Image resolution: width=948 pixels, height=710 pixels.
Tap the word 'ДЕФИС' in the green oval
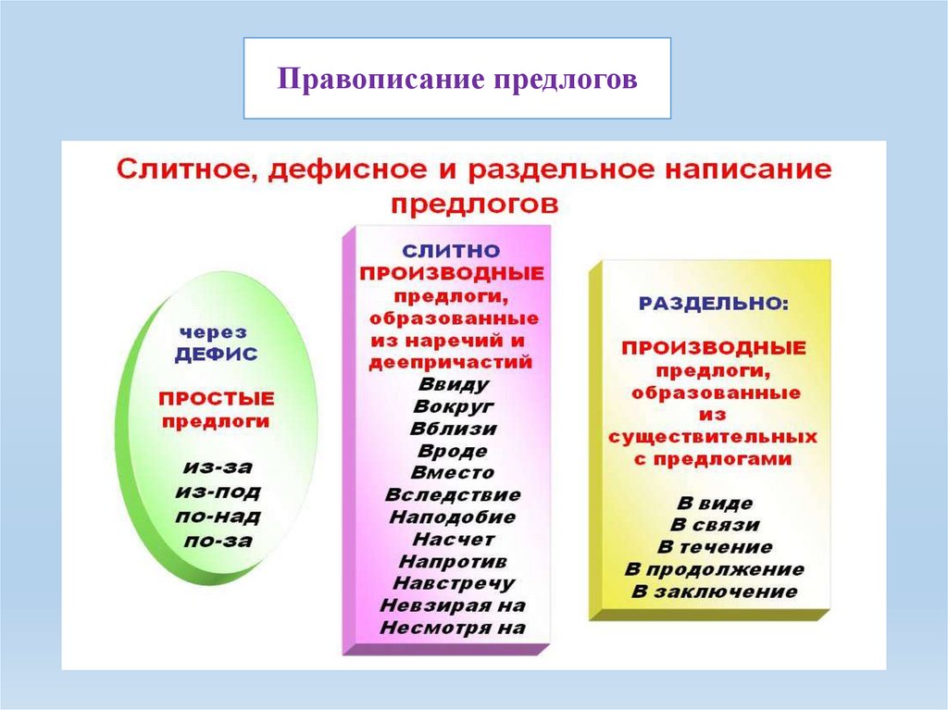pyautogui.click(x=216, y=354)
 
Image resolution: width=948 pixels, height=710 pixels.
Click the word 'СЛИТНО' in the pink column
pyautogui.click(x=451, y=252)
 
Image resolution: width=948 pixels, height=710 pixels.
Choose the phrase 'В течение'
pyautogui.click(x=714, y=547)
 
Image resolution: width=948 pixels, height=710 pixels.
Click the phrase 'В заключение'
pyautogui.click(x=714, y=592)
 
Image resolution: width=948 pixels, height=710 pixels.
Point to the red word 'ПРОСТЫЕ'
pyautogui.click(x=217, y=399)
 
